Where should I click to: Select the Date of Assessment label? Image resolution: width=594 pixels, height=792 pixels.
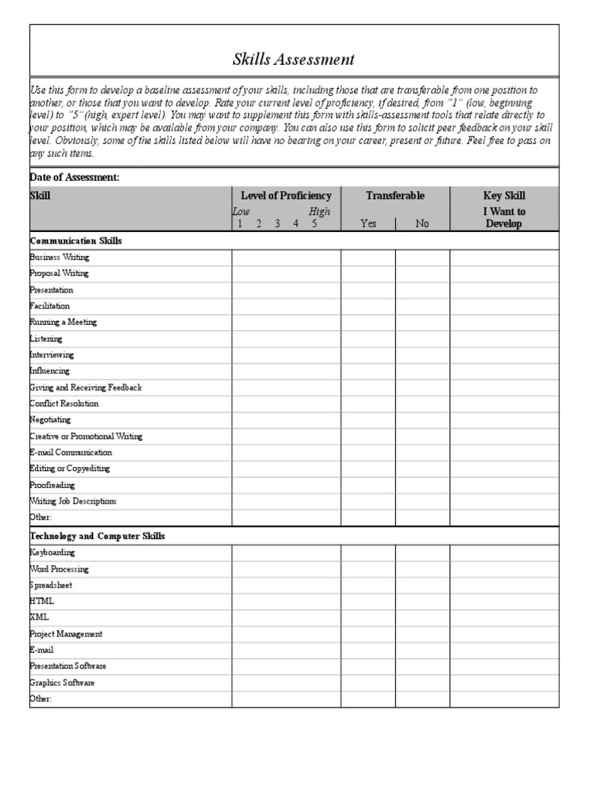coord(74,177)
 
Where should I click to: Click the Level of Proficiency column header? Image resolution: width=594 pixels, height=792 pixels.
coord(286,196)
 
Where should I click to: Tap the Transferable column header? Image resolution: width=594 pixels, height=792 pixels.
coord(395,196)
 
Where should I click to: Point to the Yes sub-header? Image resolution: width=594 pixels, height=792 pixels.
coord(368,224)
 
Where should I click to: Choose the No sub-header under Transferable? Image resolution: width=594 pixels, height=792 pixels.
coord(422,224)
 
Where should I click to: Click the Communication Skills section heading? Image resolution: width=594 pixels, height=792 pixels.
coord(76,241)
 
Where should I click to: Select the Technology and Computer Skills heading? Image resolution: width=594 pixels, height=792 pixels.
coord(97,535)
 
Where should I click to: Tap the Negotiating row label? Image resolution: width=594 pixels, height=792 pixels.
coord(50,419)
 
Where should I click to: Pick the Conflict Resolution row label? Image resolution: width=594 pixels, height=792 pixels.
coord(64,403)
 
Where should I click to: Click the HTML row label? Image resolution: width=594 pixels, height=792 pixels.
coord(42,600)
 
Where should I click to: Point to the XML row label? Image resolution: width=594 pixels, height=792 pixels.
coord(39,616)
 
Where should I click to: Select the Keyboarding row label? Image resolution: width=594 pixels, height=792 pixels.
coord(53,552)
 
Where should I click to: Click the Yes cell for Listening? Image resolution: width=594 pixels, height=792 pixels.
coord(368,339)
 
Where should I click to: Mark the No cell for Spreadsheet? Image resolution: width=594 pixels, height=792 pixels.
coord(422,585)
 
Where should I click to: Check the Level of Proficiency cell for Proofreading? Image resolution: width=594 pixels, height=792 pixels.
coord(286,485)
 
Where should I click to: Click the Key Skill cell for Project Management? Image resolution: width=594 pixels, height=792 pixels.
coord(504,633)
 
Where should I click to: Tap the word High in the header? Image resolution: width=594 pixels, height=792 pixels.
coord(319,211)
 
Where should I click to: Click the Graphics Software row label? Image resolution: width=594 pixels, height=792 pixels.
coord(62,682)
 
